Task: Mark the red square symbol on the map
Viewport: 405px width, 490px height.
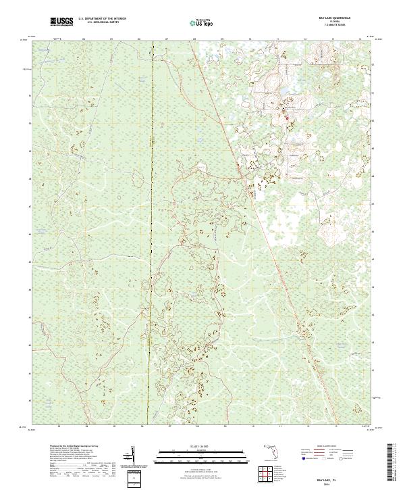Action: click(x=285, y=122)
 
